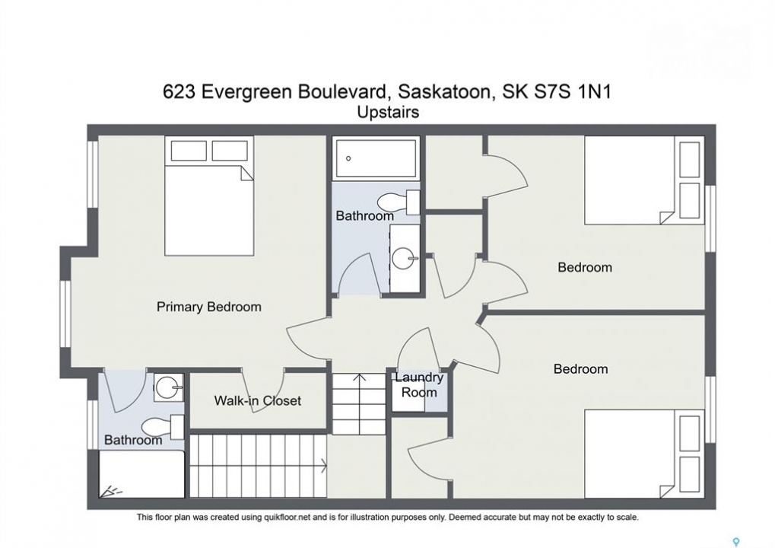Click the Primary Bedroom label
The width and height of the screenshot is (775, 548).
tap(208, 307)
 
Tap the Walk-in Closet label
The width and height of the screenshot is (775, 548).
tap(258, 400)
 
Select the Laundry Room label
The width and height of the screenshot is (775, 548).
tap(419, 385)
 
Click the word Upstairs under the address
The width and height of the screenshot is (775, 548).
tap(388, 113)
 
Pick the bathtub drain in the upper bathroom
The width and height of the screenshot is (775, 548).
tap(348, 158)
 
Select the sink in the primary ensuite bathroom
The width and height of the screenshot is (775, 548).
tap(169, 387)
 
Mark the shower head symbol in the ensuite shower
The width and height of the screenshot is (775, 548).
tap(112, 492)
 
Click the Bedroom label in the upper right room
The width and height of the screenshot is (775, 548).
tap(585, 268)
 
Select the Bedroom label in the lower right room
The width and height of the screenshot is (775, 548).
tap(581, 369)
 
